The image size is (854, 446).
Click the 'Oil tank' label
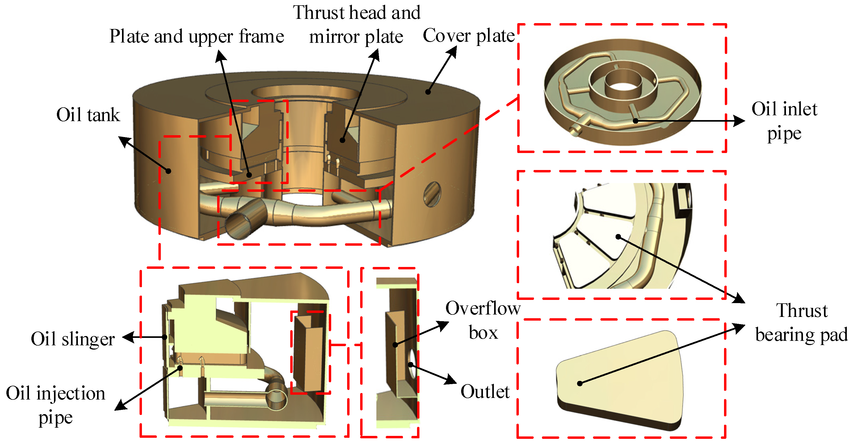click(88, 115)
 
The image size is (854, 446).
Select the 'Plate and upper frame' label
click(197, 36)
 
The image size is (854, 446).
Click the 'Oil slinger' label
click(73, 339)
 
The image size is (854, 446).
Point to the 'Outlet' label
click(485, 392)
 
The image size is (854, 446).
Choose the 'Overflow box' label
click(483, 320)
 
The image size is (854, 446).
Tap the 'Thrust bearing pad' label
click(801, 322)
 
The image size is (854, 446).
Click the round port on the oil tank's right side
click(432, 194)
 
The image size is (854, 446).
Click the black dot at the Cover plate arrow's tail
click(428, 92)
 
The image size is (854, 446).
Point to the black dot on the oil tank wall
click(169, 171)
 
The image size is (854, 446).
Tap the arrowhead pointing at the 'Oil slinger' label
click(128, 337)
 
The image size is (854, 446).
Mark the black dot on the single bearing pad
click(579, 383)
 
